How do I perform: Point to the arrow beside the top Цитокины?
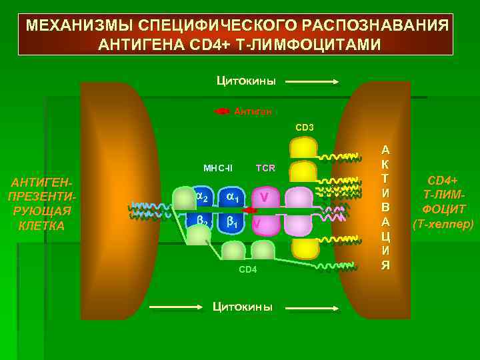pyautogui.click(x=313, y=82)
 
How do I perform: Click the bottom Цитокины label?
pyautogui.click(x=242, y=307)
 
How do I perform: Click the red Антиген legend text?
pyautogui.click(x=253, y=112)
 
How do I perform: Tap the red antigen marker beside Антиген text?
pyautogui.click(x=222, y=111)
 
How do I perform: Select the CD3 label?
pyautogui.click(x=305, y=127)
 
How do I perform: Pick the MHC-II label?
pyautogui.click(x=217, y=167)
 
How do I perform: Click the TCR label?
pyautogui.click(x=265, y=167)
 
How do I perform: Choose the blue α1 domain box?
pyautogui.click(x=232, y=197)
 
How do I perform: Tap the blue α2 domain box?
pyautogui.click(x=202, y=197)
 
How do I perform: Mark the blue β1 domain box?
pyautogui.click(x=232, y=223)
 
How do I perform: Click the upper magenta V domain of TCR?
pyautogui.click(x=265, y=197)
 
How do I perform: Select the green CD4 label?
pyautogui.click(x=248, y=269)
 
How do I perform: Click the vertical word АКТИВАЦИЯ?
pyautogui.click(x=385, y=207)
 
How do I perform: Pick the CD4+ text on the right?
pyautogui.click(x=443, y=179)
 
